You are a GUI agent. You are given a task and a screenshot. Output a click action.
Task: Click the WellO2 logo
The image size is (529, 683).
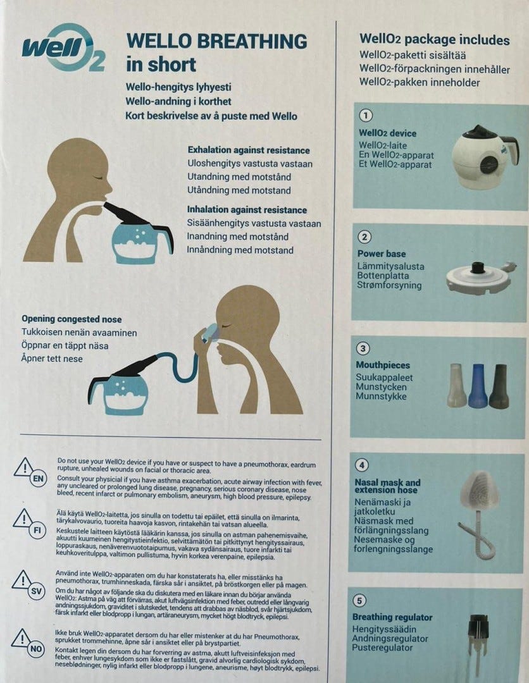pyautogui.click(x=64, y=48)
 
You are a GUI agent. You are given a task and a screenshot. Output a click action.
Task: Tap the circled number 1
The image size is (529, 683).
pyautogui.click(x=366, y=116)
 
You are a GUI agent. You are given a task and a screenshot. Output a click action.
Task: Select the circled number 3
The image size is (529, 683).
pyautogui.click(x=363, y=348)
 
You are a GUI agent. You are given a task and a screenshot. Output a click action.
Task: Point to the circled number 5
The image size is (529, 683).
pyautogui.click(x=359, y=601)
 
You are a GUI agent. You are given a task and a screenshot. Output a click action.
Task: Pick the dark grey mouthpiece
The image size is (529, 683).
pyautogui.click(x=499, y=386)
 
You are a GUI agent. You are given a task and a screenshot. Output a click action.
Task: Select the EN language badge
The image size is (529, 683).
pyautogui.click(x=39, y=479)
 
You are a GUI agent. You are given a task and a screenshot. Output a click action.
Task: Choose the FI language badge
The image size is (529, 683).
pyautogui.click(x=37, y=530)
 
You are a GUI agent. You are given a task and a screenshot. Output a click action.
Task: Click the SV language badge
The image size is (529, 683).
pyautogui.click(x=36, y=591)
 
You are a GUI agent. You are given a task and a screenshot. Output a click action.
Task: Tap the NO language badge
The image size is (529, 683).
pyautogui.click(x=35, y=649)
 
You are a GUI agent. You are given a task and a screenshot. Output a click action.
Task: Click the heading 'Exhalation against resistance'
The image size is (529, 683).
pyautogui.click(x=249, y=151)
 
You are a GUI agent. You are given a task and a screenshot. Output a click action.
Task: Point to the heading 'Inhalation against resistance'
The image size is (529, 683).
pyautogui.click(x=247, y=209)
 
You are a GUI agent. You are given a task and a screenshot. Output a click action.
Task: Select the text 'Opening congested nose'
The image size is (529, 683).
pyautogui.click(x=72, y=319)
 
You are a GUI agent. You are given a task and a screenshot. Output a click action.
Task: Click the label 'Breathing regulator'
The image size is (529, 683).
pyautogui.click(x=392, y=617)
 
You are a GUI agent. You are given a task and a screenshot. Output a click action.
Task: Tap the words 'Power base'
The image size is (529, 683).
pyautogui.click(x=382, y=254)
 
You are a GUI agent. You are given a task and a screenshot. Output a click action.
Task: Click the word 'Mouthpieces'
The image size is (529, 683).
pyautogui.click(x=383, y=365)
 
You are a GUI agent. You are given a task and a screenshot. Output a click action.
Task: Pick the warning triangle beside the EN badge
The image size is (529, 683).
pyautogui.click(x=24, y=467)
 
